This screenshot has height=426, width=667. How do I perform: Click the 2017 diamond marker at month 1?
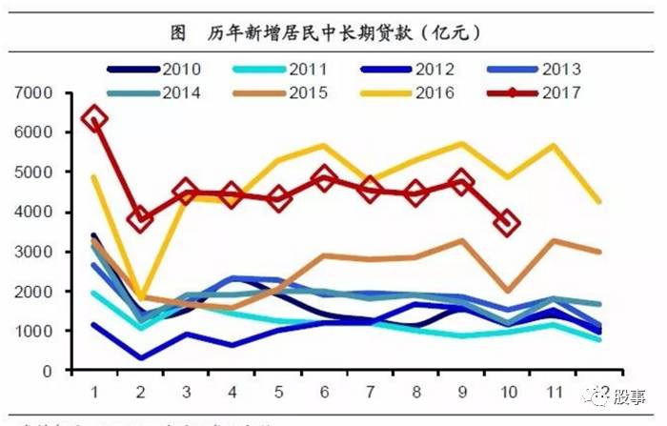pos(94,119)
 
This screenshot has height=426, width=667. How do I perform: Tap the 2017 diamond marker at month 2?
pos(141,219)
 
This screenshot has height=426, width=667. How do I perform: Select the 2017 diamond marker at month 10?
pos(508,223)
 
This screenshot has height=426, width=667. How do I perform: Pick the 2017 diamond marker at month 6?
pos(324,177)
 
